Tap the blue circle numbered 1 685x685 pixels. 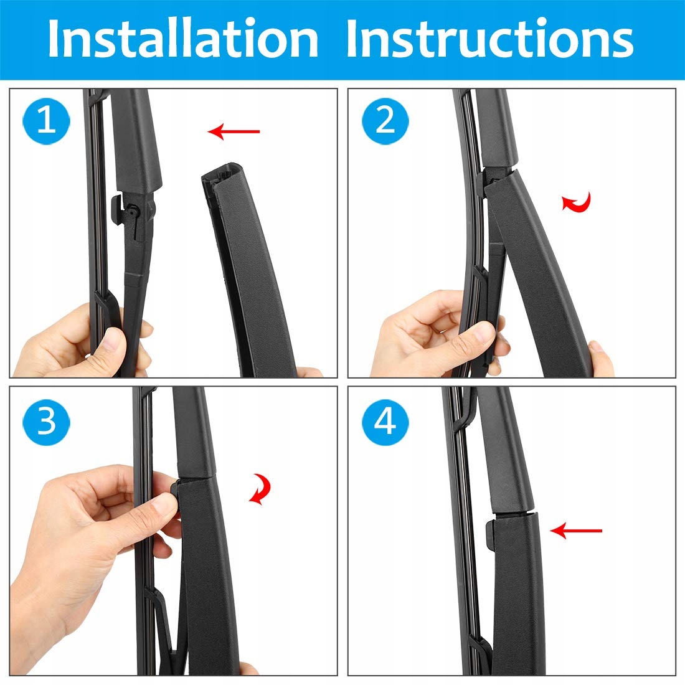46,121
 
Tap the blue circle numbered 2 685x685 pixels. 385,121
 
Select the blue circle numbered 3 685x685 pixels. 46,422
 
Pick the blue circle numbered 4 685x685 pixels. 385,422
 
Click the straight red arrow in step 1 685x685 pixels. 234,131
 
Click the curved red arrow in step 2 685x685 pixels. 577,202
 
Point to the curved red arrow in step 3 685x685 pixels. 260,489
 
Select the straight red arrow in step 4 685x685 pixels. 576,531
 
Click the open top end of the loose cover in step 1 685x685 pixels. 221,176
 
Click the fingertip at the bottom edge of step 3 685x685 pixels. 248,669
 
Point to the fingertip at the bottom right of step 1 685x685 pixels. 309,372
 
